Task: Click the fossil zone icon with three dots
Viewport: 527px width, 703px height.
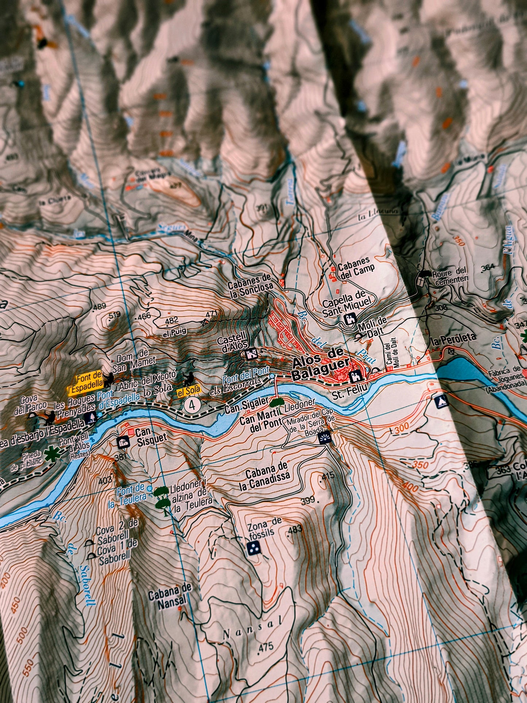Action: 253,547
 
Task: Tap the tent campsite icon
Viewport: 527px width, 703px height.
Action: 441,402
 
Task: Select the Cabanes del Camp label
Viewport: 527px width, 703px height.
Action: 356,269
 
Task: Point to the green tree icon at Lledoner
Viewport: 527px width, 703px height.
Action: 277,402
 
